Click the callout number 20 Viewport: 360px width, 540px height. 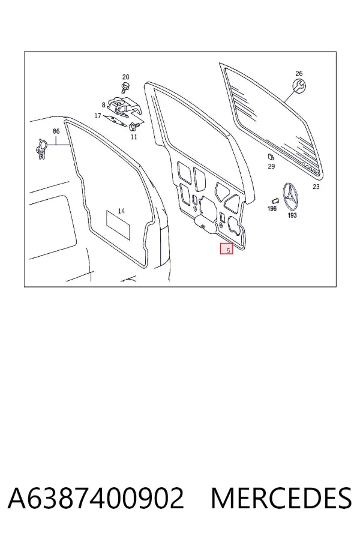coord(126,77)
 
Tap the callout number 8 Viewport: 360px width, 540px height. coord(103,104)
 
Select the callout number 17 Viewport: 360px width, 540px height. coord(98,116)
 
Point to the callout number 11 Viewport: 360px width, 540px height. coord(134,137)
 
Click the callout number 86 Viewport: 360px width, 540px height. coord(56,131)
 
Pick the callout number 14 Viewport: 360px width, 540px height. coord(121,211)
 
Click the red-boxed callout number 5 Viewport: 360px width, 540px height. coord(227,248)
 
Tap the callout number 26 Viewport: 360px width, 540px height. coord(299,73)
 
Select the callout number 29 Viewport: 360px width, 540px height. coord(271,166)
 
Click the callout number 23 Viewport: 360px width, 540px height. coord(316,187)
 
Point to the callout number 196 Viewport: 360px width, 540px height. coord(272,208)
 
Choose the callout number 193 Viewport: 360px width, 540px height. coord(292,215)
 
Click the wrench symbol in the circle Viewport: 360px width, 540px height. coord(299,86)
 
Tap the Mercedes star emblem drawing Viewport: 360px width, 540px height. coord(290,197)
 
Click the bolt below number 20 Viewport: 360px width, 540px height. coord(125,88)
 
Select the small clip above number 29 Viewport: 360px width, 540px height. coord(271,157)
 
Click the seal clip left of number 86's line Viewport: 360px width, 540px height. coord(42,149)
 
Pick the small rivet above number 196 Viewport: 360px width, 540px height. coord(275,200)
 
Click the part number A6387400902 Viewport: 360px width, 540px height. coord(96,498)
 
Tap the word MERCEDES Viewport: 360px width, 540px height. coord(281,498)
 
